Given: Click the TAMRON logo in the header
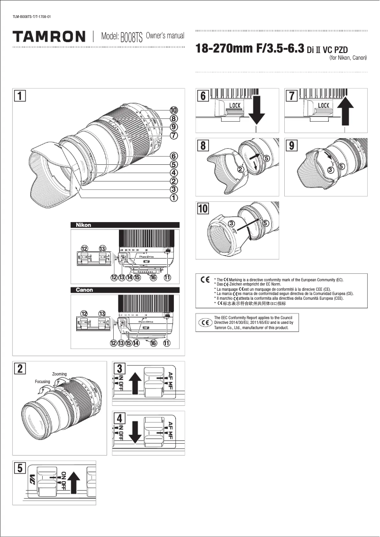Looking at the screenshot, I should [49, 36].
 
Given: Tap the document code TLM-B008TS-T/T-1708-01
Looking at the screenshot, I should [32, 18].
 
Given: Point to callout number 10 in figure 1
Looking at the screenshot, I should [174, 110].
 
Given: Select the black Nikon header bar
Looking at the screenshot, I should [125, 225].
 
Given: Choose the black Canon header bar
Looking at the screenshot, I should [125, 289].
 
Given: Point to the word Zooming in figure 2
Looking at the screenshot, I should [59, 374].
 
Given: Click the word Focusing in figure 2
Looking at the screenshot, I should [42, 381].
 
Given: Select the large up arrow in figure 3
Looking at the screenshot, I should [136, 384].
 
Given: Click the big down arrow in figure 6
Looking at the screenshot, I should [256, 110].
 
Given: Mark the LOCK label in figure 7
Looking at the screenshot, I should [324, 105].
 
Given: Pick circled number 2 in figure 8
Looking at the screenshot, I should [240, 169].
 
